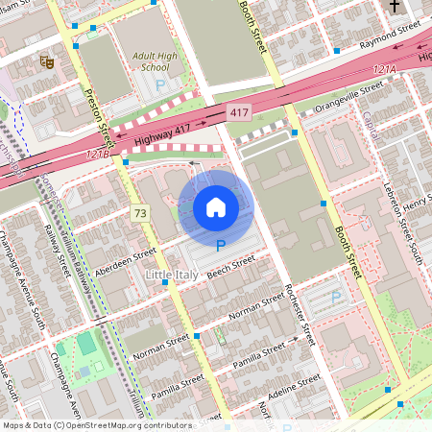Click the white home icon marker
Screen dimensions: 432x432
click(x=216, y=207)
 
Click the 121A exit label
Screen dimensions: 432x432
click(x=384, y=70)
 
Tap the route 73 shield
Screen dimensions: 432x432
click(x=141, y=212)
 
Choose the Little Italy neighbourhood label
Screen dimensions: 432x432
click(x=170, y=276)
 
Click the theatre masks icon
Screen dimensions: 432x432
click(x=45, y=61)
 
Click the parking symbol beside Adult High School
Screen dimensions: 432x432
click(x=160, y=84)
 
